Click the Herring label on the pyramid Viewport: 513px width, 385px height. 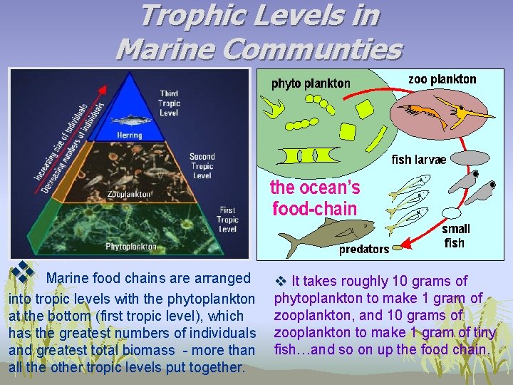[x=129, y=135]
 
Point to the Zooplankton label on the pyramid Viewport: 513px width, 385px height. [x=128, y=194]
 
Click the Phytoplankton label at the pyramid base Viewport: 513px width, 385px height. [x=131, y=247]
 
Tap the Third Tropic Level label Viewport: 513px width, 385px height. [x=169, y=103]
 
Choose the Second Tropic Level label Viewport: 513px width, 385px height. [x=202, y=166]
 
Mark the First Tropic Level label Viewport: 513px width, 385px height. [x=227, y=220]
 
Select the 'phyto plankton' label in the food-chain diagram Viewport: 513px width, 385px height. [x=311, y=83]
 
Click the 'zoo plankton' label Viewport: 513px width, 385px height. [x=442, y=79]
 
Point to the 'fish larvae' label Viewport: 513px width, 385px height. [x=419, y=160]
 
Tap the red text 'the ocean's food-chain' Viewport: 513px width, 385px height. [x=315, y=198]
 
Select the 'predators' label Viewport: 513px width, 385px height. [x=363, y=249]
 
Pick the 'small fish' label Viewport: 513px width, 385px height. [x=455, y=236]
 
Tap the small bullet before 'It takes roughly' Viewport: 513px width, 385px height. [x=279, y=282]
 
